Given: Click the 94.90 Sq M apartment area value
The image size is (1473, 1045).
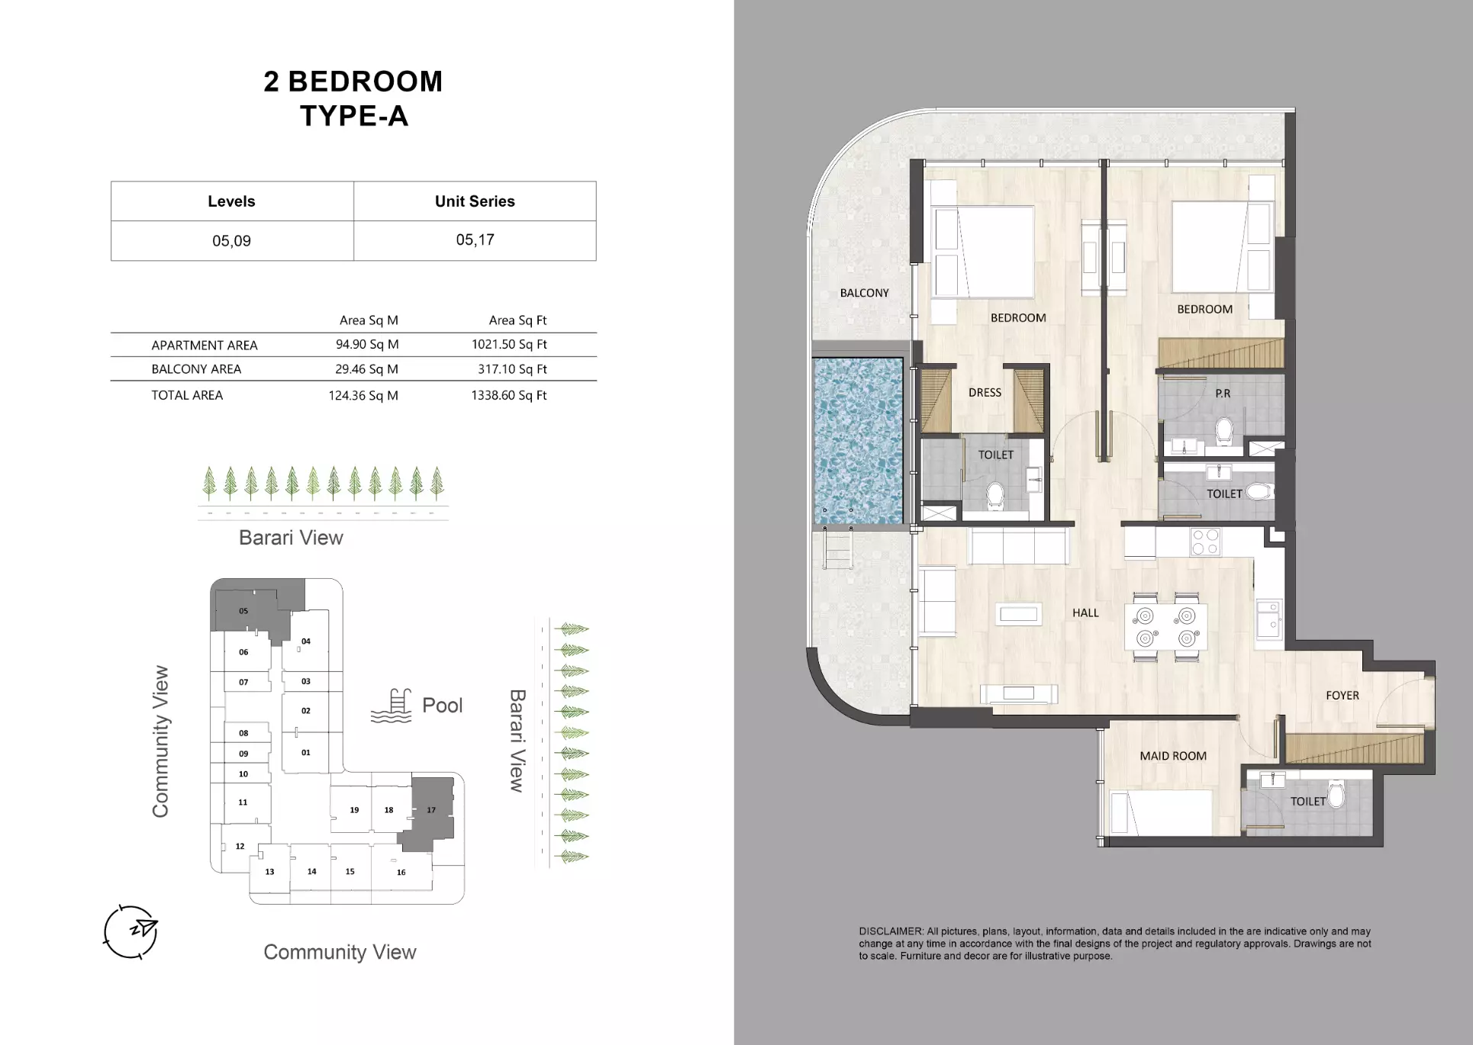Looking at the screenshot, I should pos(367,345).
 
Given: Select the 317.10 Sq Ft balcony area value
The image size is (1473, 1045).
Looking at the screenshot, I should pos(512,369).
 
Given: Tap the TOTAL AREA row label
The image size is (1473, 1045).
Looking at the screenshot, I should pos(187,395).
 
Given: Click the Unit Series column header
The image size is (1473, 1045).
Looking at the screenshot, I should pos(475,201).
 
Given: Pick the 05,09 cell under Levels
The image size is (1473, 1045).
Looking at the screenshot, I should pos(231,241).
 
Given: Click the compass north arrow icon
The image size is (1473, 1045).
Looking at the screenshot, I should pos(131,931).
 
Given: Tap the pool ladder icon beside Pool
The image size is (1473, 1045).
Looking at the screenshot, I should pos(392,706).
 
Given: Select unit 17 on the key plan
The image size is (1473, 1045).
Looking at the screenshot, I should pos(431,810).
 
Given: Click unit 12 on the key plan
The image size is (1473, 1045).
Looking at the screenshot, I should pos(240,846).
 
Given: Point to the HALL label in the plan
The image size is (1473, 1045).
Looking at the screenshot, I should pos(1085,613).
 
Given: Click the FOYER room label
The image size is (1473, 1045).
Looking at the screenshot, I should pos(1342,696).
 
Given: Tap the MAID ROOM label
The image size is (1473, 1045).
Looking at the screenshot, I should pos(1173,756).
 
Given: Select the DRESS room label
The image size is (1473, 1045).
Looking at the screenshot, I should pos(985,393).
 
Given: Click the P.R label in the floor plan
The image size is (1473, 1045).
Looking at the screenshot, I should pos(1223,394).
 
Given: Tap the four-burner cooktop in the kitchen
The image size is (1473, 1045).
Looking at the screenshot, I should pos(1205,542).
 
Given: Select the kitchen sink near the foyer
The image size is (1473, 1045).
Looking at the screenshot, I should pos(1269,619).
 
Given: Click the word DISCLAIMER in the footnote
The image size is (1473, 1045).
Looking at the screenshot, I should pos(891,931).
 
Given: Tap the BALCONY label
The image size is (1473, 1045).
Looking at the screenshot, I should pos(864,293).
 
